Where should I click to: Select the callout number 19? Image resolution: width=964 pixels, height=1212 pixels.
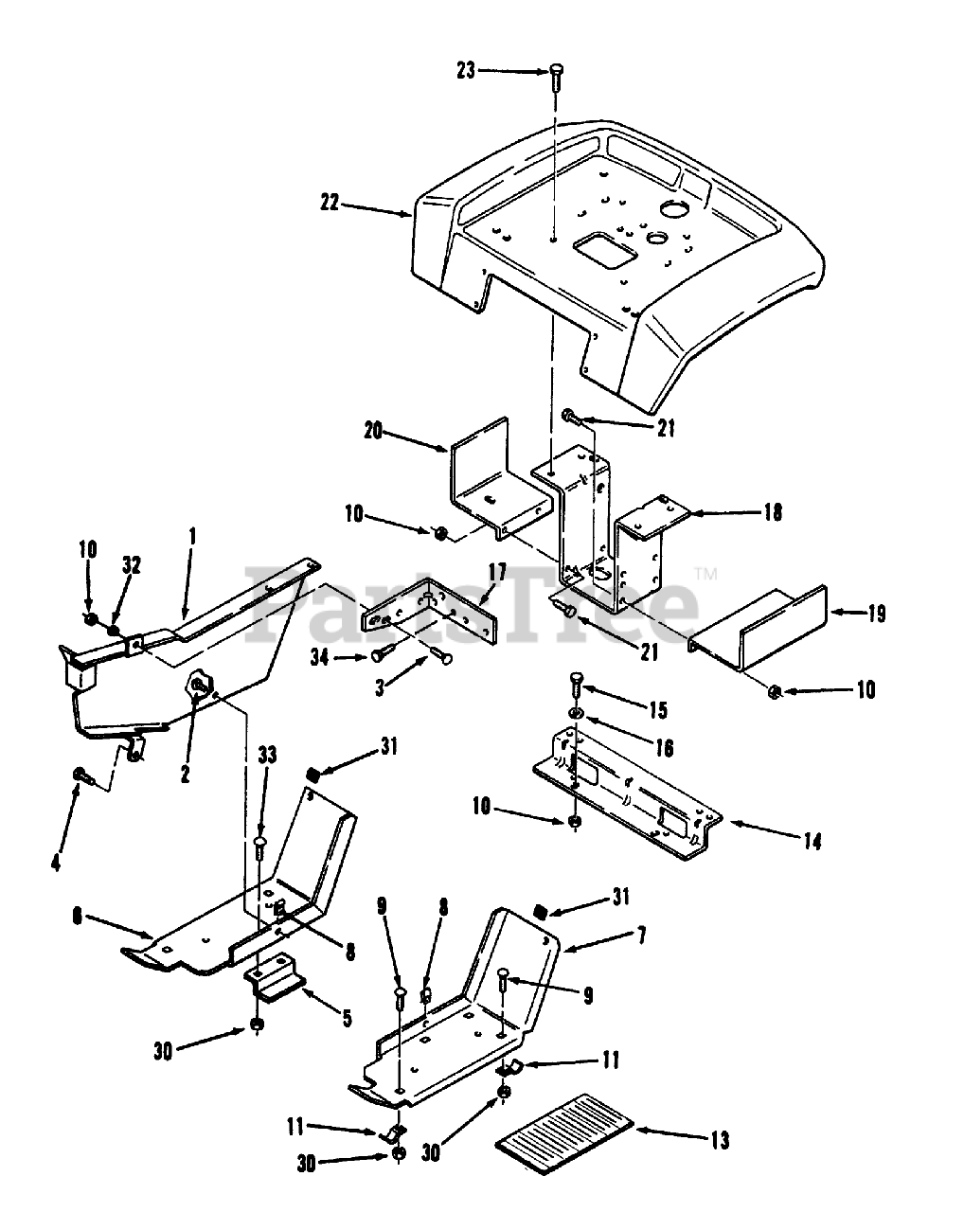pyautogui.click(x=876, y=614)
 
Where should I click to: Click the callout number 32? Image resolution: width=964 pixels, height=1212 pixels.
pyautogui.click(x=131, y=565)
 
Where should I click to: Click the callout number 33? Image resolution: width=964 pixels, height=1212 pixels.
pyautogui.click(x=268, y=755)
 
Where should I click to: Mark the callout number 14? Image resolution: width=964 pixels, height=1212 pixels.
pyautogui.click(x=811, y=839)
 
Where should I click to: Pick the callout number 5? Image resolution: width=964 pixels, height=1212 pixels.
pyautogui.click(x=347, y=1018)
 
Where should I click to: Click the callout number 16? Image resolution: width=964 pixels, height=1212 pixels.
pyautogui.click(x=663, y=748)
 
